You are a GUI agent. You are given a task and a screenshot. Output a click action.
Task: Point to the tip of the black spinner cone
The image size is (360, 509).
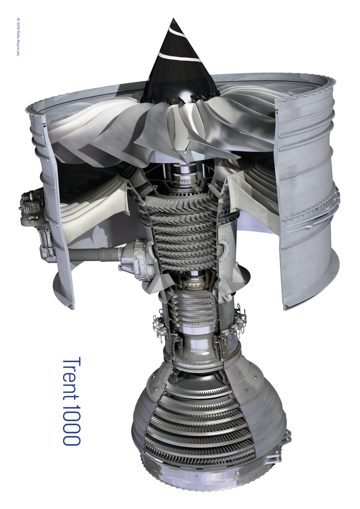(x=173, y=18)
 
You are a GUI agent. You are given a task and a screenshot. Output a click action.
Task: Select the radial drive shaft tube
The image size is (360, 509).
(x=94, y=252)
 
